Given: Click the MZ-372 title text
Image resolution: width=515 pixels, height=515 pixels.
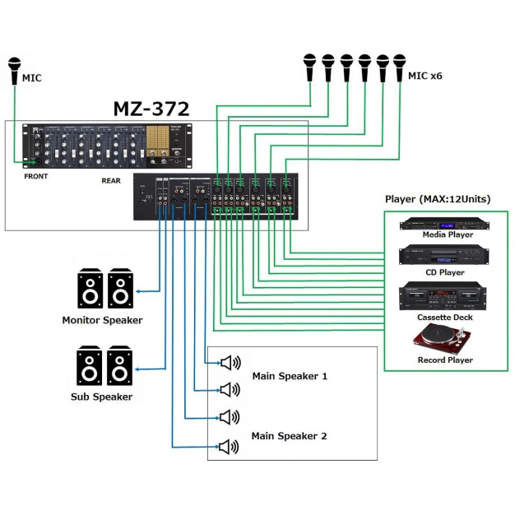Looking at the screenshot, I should [x=151, y=109].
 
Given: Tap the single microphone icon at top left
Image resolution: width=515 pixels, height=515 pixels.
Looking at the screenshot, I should [x=14, y=71].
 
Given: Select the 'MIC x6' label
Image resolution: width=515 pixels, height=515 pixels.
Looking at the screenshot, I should [x=425, y=76].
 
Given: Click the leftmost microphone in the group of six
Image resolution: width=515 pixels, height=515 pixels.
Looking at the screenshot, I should [x=309, y=67].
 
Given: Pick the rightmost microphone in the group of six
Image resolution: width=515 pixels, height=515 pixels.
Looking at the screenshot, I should [x=399, y=67].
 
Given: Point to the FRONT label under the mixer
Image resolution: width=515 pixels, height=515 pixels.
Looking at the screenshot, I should [x=37, y=176].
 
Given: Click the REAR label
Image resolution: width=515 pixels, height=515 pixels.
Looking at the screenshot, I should [x=111, y=180].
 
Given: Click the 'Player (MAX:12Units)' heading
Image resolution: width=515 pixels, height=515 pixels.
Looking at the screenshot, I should [x=438, y=200].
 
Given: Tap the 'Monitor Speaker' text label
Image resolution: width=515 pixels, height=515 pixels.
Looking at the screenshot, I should [x=102, y=320].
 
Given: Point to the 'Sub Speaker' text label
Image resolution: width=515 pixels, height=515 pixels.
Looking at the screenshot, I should [x=102, y=397].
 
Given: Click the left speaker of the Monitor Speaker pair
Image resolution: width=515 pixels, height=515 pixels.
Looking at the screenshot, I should [x=90, y=289].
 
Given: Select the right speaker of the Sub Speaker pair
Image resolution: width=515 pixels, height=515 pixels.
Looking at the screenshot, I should [x=120, y=367].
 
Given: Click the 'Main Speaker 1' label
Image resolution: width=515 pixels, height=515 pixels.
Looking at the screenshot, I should [x=289, y=376].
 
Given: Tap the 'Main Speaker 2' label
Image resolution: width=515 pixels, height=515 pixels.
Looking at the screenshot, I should [x=289, y=435].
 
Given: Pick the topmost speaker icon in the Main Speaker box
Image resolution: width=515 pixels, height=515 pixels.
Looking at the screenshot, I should [x=229, y=362].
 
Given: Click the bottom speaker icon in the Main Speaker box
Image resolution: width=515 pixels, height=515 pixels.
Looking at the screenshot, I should [x=229, y=447].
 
